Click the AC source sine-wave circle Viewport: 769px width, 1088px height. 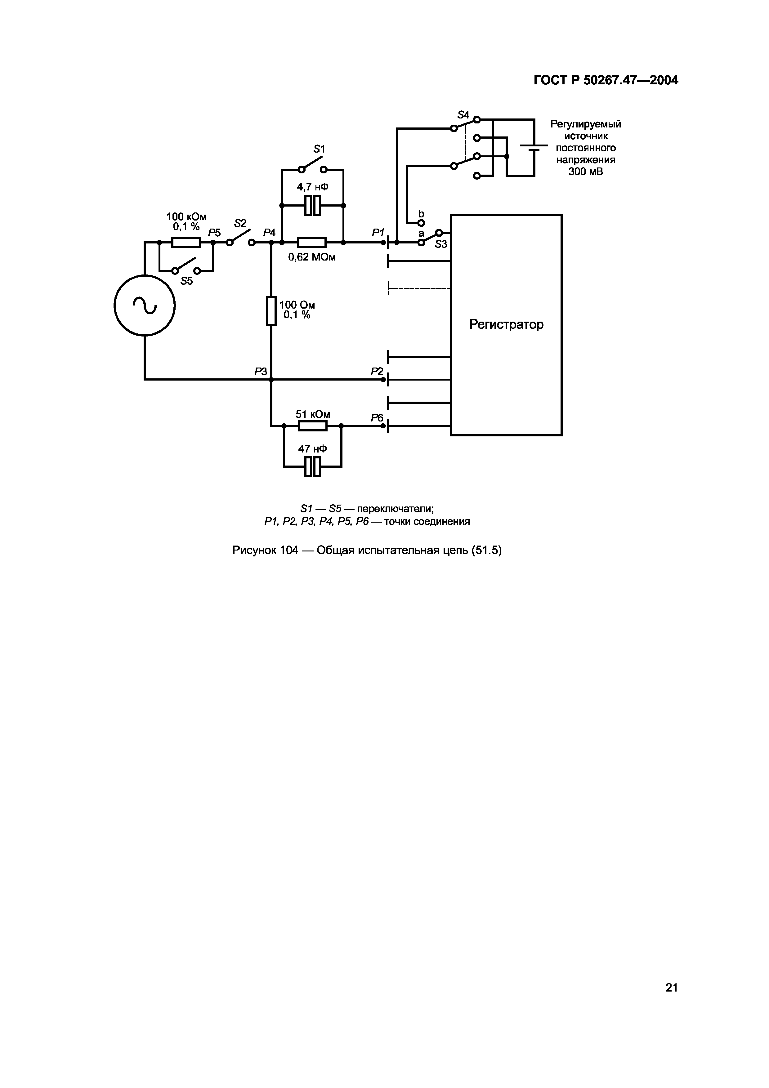(x=145, y=305)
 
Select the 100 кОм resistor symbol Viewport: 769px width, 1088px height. (x=186, y=242)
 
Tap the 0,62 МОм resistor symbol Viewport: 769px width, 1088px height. (x=312, y=242)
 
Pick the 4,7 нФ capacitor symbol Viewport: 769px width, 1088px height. (x=312, y=205)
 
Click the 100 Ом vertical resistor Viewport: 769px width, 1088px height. (x=271, y=310)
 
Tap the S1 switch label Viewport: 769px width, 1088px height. (x=319, y=149)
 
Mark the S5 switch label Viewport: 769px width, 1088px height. (x=187, y=281)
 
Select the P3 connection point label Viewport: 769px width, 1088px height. (x=261, y=372)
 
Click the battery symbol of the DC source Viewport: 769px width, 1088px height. (x=534, y=147)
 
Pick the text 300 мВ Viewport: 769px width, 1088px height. (x=586, y=172)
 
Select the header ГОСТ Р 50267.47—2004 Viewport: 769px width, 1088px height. (x=606, y=80)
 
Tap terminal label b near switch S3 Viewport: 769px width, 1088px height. (x=421, y=214)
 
